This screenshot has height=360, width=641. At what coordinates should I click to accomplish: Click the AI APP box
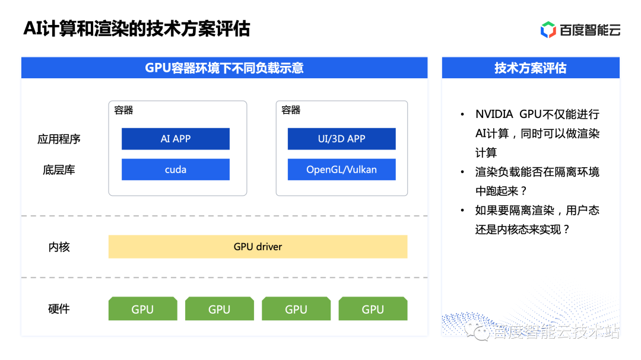(x=175, y=139)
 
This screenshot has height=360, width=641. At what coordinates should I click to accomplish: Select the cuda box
(x=175, y=170)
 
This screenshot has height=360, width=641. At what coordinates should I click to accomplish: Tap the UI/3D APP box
(x=342, y=139)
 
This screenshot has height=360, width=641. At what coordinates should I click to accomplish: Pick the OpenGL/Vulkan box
(x=342, y=170)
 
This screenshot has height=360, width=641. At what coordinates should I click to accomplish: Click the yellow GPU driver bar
(x=258, y=247)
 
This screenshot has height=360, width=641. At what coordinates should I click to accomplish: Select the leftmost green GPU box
(x=142, y=309)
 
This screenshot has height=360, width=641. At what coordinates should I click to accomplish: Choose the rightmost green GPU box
(x=373, y=309)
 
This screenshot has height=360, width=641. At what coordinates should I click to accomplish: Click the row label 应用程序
(x=59, y=139)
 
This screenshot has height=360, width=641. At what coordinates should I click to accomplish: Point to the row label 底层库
(x=59, y=170)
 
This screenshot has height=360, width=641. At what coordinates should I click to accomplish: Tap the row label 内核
(x=59, y=247)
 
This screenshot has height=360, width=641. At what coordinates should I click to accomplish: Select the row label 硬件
(x=59, y=309)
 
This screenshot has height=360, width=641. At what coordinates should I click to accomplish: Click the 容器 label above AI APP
(x=123, y=110)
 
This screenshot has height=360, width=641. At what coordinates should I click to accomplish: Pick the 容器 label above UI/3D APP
(x=291, y=110)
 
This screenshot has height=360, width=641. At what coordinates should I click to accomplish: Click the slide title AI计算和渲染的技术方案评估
(x=137, y=29)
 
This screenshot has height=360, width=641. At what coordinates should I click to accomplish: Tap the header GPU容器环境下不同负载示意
(x=224, y=68)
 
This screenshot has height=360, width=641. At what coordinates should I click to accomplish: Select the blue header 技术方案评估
(x=531, y=68)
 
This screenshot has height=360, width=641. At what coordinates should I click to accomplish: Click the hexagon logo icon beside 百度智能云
(x=548, y=30)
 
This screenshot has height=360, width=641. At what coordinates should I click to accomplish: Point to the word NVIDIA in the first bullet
(x=494, y=114)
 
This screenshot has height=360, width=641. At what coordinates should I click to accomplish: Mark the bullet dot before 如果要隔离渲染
(x=462, y=211)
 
